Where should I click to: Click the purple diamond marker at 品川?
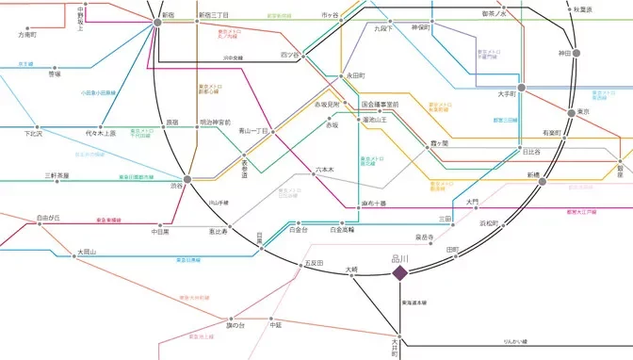coord(399,273)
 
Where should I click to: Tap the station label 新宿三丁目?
coord(213,16)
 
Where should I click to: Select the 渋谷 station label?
coord(176,186)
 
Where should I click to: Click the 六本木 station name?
coord(324,169)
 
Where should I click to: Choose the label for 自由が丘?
coord(48,218)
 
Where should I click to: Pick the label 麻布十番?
coord(374,204)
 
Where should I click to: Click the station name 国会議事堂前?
coord(380,104)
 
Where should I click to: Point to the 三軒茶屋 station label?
coord(57,175)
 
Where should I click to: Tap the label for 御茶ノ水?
coord(495,14)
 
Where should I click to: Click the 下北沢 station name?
coord(34,133)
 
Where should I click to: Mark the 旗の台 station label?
coord(235,325)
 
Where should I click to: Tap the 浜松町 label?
coord(494,223)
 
